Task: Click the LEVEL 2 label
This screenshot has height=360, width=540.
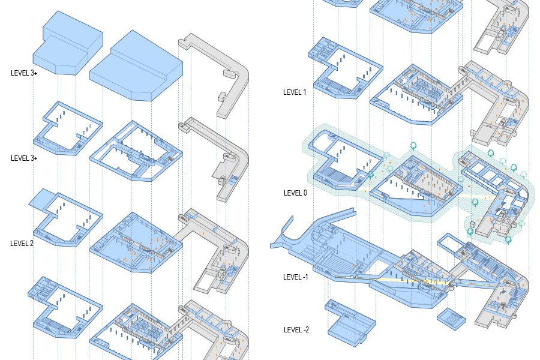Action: click(x=22, y=244)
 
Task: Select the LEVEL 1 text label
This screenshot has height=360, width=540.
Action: click(x=295, y=92)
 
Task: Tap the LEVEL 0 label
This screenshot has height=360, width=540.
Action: click(x=295, y=193)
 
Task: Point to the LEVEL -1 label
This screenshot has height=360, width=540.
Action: click(x=296, y=277)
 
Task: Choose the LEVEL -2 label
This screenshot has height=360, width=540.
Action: click(x=297, y=330)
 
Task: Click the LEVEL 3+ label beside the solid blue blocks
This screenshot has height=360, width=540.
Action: click(x=24, y=73)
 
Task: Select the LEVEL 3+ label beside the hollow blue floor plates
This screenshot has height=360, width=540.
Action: click(x=24, y=158)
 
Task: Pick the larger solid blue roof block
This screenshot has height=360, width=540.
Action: click(x=137, y=66)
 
